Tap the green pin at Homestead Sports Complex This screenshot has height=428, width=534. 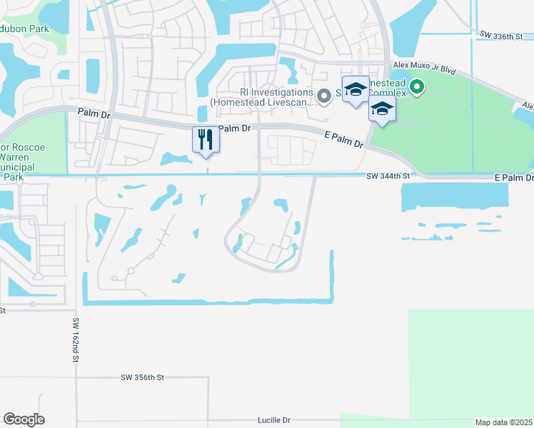(415, 88)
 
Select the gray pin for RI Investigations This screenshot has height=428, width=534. (324, 95)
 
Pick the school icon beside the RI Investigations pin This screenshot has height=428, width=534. (356, 89)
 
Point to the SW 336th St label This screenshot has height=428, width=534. (502, 34)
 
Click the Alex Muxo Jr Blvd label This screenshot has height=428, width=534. (424, 70)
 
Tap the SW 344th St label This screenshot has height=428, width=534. (388, 175)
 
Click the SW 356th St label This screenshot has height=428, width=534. (142, 377)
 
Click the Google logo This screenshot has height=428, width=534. (24, 419)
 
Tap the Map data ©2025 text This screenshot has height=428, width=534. (503, 422)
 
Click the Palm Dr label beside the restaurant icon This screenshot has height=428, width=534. (235, 128)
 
